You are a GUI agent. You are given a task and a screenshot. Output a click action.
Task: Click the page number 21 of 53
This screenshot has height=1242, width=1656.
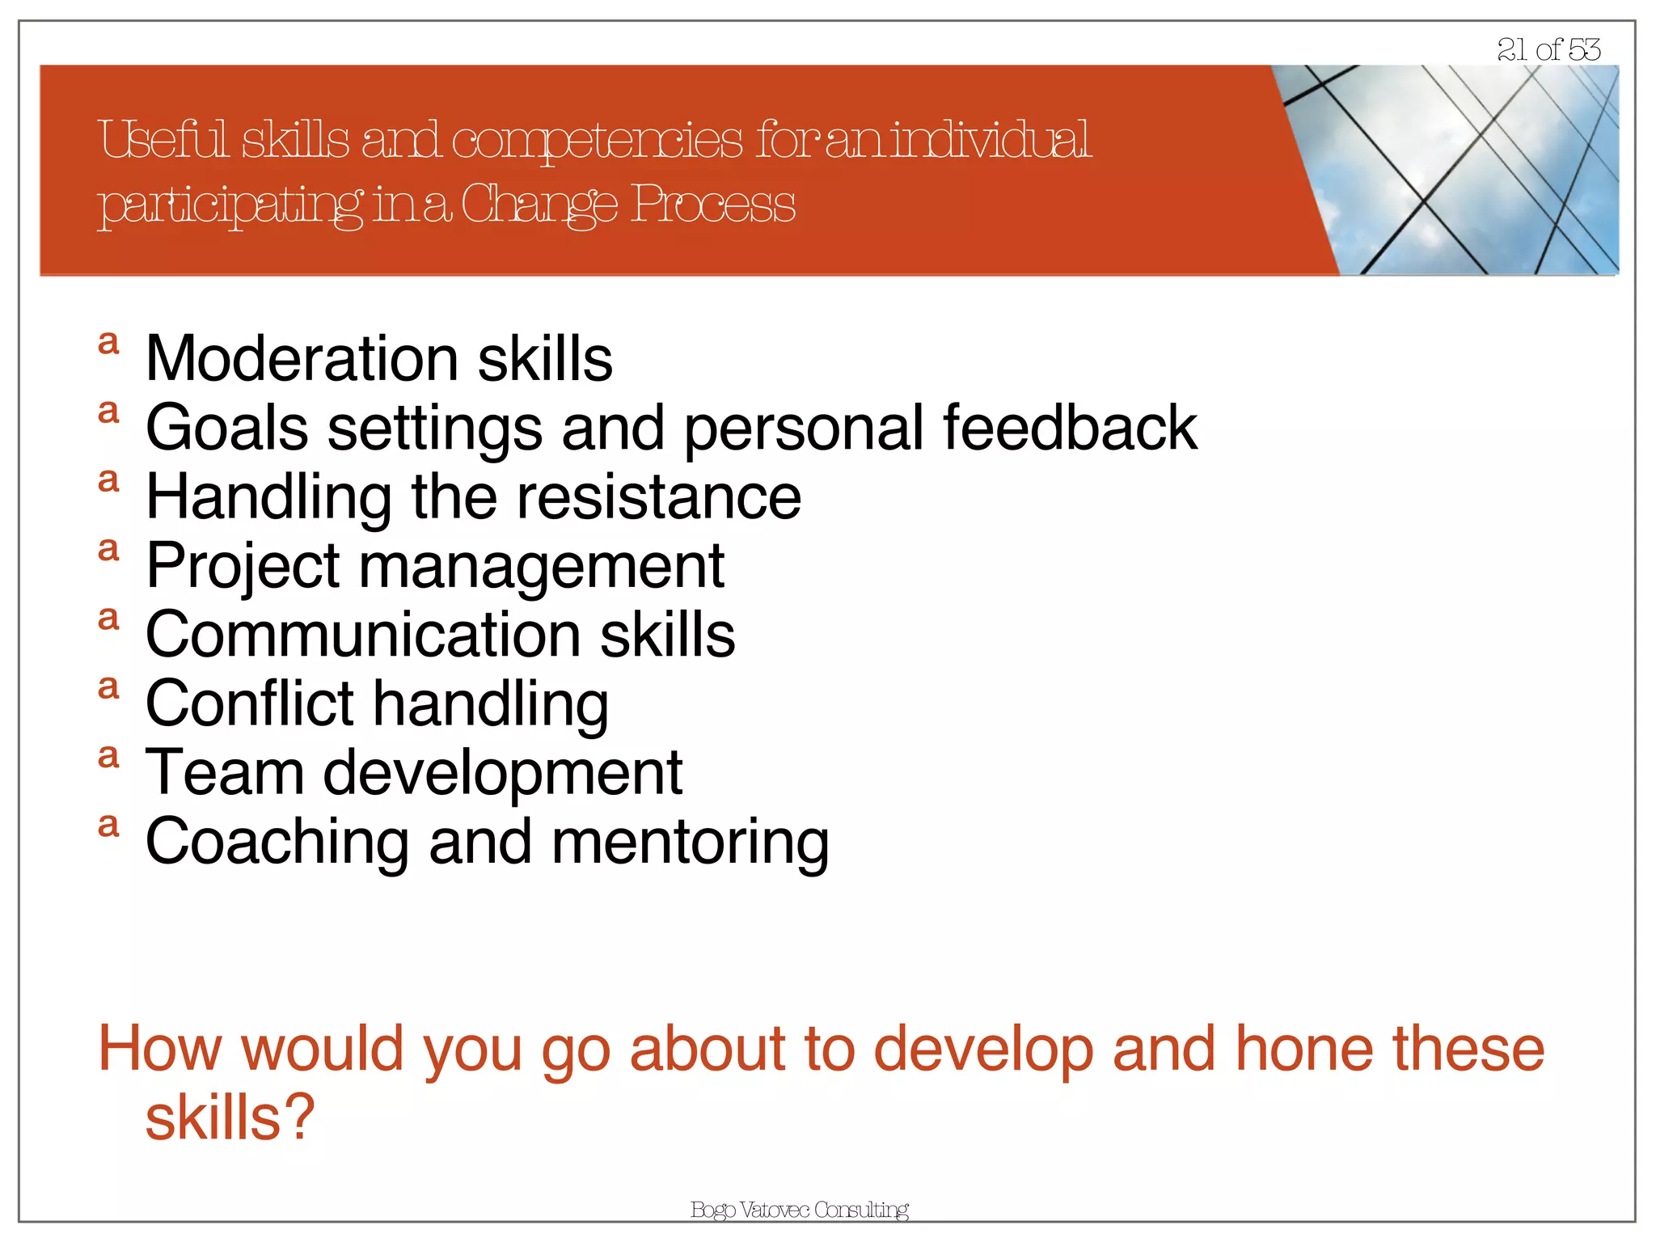[x=1548, y=50]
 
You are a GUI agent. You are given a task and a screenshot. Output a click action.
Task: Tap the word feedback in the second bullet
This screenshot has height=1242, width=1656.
[x=1069, y=428]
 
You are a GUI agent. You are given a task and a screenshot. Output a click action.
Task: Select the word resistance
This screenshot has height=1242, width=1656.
[x=658, y=496]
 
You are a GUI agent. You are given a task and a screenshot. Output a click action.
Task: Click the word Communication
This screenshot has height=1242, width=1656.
[x=362, y=635]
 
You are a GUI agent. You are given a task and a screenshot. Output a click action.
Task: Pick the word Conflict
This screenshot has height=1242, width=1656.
[x=249, y=703]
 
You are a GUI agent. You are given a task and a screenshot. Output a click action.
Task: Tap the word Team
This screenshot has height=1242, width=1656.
[x=225, y=773]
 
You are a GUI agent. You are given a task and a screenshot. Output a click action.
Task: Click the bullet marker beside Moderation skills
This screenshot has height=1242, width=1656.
[x=108, y=343]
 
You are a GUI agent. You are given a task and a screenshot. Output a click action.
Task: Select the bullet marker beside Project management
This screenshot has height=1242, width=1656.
[x=108, y=550]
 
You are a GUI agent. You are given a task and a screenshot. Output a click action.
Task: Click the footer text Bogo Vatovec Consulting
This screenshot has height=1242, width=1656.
[x=799, y=1210]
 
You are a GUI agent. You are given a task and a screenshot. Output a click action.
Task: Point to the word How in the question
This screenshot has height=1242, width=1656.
[x=159, y=1049]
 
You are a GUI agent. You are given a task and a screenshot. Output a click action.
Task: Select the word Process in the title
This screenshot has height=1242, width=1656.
[x=712, y=204]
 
